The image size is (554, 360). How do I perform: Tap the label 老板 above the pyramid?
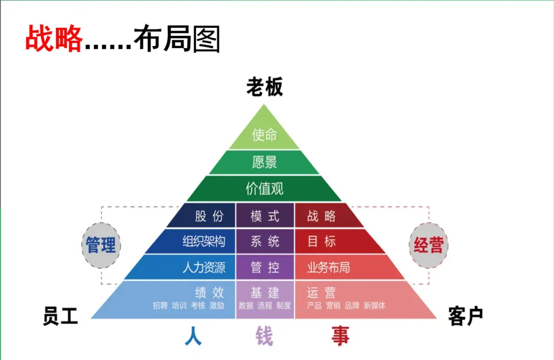pos(264,87)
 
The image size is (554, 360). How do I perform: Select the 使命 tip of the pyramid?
pos(264,134)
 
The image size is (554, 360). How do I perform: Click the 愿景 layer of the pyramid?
pos(264,162)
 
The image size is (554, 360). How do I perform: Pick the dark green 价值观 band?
pos(264,189)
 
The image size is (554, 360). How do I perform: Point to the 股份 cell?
pos(209,216)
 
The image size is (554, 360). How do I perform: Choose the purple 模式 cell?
pos(265,216)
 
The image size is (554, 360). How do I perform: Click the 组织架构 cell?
pos(204,241)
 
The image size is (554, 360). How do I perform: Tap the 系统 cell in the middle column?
pos(265,241)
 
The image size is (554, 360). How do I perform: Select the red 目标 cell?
pos(322,241)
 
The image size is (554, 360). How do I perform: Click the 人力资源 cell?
pos(204,267)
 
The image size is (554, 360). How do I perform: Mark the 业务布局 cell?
pos(328,267)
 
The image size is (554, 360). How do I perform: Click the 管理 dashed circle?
pos(101,245)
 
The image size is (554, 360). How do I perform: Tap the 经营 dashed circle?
pos(428,245)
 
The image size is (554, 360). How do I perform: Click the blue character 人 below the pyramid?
pos(193,337)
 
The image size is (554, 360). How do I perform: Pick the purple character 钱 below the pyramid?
pos(265,337)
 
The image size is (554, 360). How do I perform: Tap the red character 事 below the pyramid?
pos(340,337)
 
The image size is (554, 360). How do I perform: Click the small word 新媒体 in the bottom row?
pos(374,306)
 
